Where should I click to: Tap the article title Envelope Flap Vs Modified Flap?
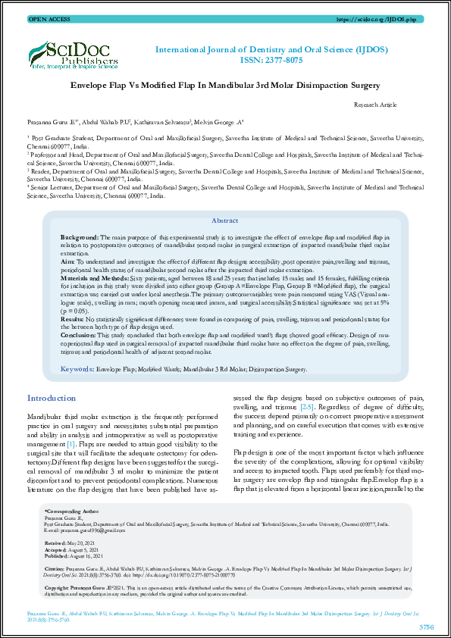pos(225,86)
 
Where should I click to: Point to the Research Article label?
pos(375,105)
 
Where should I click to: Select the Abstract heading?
pos(224,221)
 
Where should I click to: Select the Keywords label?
pos(77,369)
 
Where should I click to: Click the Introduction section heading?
pos(52,399)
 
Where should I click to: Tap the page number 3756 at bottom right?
pos(427,627)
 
